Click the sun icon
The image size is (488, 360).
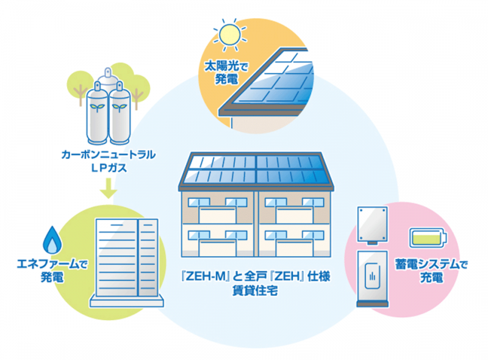[230, 35]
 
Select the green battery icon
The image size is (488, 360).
[428, 237]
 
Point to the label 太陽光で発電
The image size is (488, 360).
[226, 73]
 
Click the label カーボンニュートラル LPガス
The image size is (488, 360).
[109, 161]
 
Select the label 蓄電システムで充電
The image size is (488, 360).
[431, 271]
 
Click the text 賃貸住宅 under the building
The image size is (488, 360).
[255, 290]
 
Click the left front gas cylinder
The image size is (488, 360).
[97, 113]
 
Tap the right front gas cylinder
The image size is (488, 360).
[120, 113]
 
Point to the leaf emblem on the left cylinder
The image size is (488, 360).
[97, 107]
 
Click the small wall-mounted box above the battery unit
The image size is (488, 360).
[373, 225]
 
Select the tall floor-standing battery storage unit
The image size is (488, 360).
[373, 279]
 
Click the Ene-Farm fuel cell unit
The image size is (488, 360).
[127, 262]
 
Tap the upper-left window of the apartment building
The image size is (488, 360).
[199, 202]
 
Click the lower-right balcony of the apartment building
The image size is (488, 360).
[295, 248]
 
